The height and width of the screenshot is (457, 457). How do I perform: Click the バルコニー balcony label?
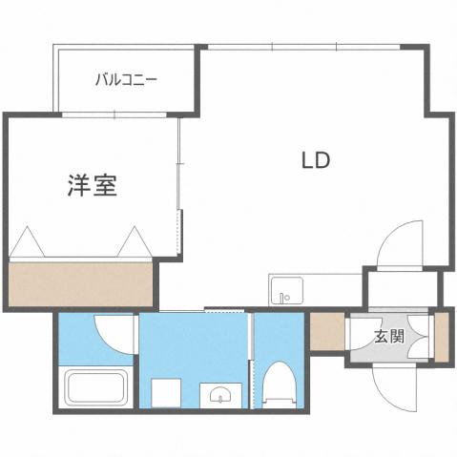pos(125,80)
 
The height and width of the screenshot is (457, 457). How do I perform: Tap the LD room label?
pos(316,160)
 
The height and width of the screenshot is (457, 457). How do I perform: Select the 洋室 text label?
pos(93,185)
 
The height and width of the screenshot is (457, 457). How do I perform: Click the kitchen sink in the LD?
pos(285,291)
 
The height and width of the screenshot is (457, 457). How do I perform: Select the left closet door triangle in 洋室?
pos(29,242)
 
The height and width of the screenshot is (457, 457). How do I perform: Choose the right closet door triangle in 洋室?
pos(134,242)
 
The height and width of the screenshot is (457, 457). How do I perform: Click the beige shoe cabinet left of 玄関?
pos(324,332)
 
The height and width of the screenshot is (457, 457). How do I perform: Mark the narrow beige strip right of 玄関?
pos(442,336)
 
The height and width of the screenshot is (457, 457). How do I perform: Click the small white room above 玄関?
pos(402,288)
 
